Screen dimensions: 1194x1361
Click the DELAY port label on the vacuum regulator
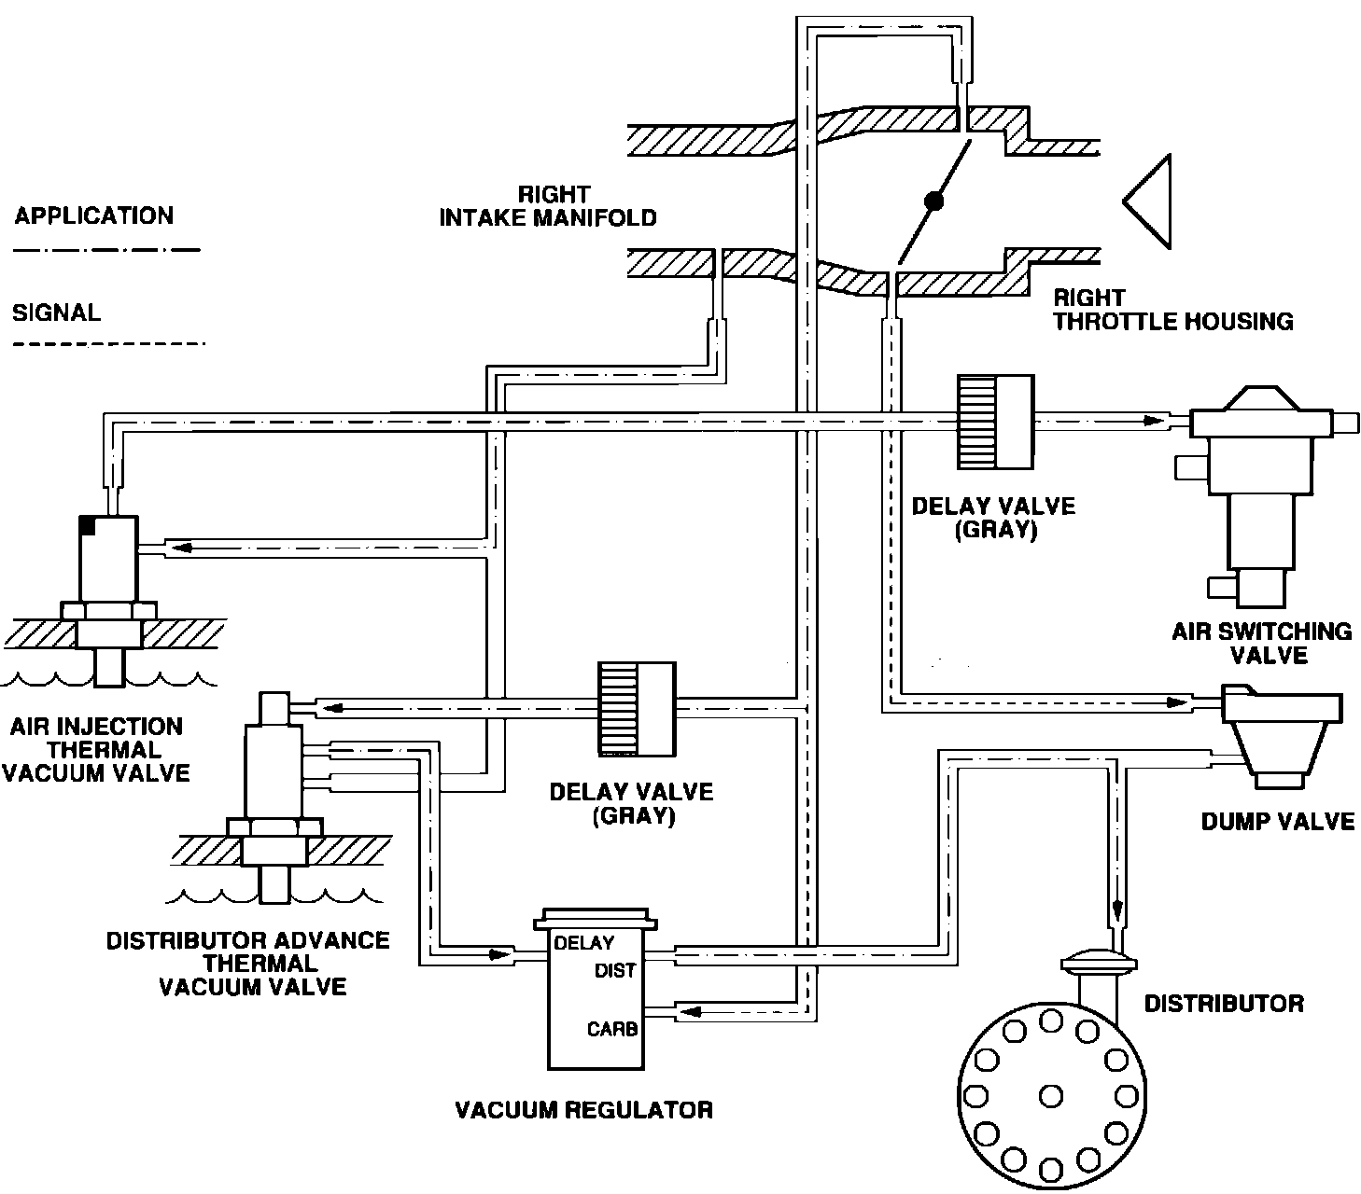coord(583,943)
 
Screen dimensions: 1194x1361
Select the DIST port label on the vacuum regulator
coord(615,971)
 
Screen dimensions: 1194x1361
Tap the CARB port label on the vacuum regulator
coord(612,1030)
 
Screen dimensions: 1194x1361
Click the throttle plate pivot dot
coord(933,200)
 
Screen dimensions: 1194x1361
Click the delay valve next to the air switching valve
coord(995,422)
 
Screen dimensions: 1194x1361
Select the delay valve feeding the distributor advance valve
coord(637,709)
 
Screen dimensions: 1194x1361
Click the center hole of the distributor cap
coord(1050,1093)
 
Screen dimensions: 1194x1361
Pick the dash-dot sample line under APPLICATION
coord(106,250)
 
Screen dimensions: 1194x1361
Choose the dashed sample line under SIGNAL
coord(106,345)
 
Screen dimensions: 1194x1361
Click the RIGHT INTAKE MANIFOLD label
coord(548,206)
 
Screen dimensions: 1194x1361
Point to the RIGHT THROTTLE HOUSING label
coord(1172,310)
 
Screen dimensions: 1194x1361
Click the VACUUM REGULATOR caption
coord(583,1110)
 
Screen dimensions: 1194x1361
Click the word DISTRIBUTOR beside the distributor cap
coord(1223,1004)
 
